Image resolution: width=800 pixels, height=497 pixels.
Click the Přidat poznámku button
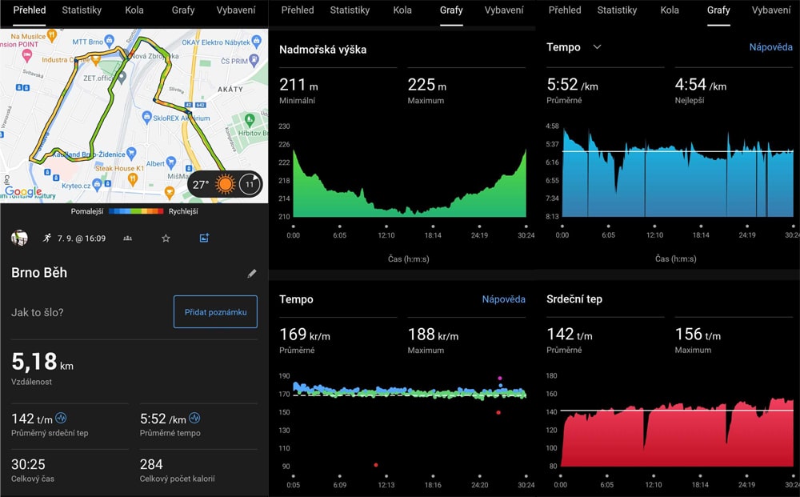pos(215,312)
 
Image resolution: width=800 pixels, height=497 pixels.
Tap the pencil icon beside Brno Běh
pos(252,274)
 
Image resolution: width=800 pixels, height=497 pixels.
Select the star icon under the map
pos(166,238)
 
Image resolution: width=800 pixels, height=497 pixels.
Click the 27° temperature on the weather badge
pos(200,185)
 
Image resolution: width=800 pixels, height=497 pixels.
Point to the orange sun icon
pos(226,185)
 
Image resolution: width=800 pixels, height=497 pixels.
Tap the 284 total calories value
pos(151,464)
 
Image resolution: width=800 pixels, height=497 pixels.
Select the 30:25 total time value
pos(28,464)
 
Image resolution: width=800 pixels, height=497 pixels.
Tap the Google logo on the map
pos(22,192)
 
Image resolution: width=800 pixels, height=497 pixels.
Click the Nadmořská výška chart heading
pos(322,50)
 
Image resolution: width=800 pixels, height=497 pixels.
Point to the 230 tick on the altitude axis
pos(284,126)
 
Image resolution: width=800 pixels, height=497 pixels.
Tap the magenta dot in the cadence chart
pos(500,378)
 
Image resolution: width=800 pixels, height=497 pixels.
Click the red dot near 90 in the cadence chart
pos(375,464)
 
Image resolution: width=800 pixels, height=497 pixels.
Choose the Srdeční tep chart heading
pos(574,299)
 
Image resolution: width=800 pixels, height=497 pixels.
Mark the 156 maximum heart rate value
pos(688,334)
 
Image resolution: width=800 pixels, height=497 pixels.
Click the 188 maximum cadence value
pos(421,334)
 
